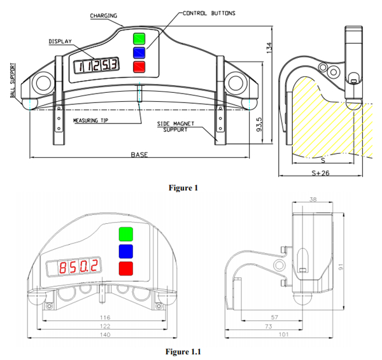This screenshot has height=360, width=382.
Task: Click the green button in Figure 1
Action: point(139,39)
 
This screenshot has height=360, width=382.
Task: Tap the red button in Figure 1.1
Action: point(126,268)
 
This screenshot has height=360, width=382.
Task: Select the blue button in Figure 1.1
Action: point(126,251)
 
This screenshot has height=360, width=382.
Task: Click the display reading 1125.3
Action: point(97,66)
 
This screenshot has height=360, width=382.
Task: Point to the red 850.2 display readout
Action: point(79,267)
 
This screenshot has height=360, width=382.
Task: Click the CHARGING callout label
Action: point(104,16)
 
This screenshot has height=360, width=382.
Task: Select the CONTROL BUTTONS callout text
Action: point(209,13)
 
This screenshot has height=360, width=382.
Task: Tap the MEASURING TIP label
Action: point(90,120)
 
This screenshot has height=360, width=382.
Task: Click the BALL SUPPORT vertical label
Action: point(13,81)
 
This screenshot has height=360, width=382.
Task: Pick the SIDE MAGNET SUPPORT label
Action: point(176,127)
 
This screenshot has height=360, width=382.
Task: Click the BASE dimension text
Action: point(139,155)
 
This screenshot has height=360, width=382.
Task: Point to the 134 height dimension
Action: point(269,48)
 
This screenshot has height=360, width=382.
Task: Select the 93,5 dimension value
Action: point(259,125)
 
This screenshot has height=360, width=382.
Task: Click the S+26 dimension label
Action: point(320,173)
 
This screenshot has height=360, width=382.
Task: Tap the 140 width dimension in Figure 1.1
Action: point(105,335)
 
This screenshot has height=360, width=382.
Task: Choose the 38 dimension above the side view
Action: point(313,199)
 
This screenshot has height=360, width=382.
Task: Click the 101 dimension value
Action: point(283,335)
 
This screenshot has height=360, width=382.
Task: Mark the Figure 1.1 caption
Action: point(183,352)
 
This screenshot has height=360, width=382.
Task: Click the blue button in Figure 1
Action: point(139,53)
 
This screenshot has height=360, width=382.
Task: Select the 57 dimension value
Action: point(274,317)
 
